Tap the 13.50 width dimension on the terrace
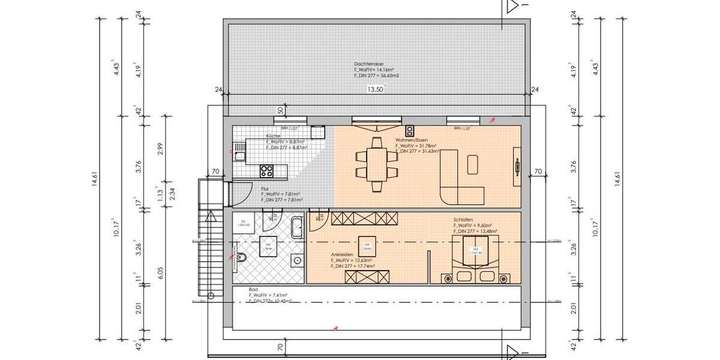click(375, 89)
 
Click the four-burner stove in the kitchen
click(266, 171)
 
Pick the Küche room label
click(272, 137)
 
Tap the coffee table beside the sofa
click(473, 164)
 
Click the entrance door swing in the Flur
click(241, 191)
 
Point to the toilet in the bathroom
click(241, 259)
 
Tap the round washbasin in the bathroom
click(296, 260)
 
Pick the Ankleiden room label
click(341, 254)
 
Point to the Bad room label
click(253, 289)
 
